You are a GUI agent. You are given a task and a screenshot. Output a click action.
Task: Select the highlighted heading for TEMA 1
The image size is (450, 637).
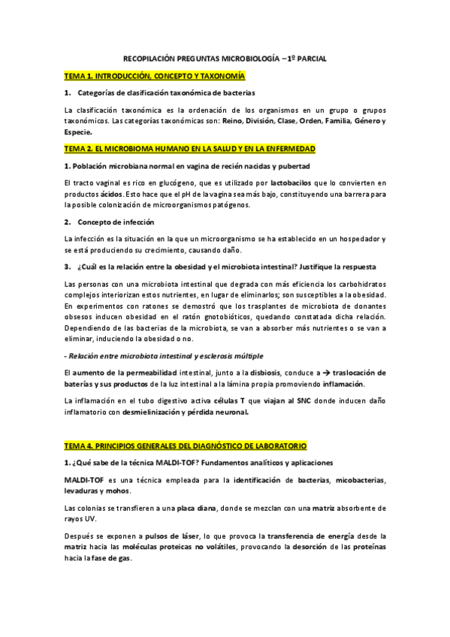coord(154,76)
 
